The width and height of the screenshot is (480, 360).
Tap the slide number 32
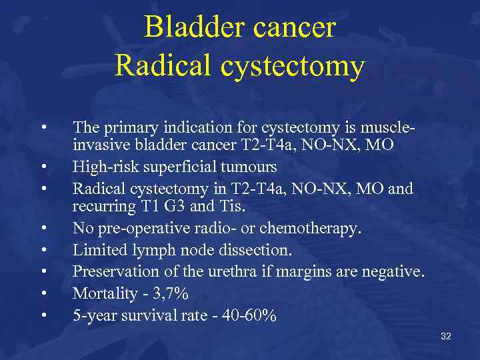coord(446,337)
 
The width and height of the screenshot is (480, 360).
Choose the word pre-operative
coord(135,229)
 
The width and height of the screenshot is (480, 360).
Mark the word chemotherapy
coord(316,229)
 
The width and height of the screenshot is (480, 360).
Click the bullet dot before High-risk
coord(43,167)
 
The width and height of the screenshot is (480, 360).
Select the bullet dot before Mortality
coord(43,293)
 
